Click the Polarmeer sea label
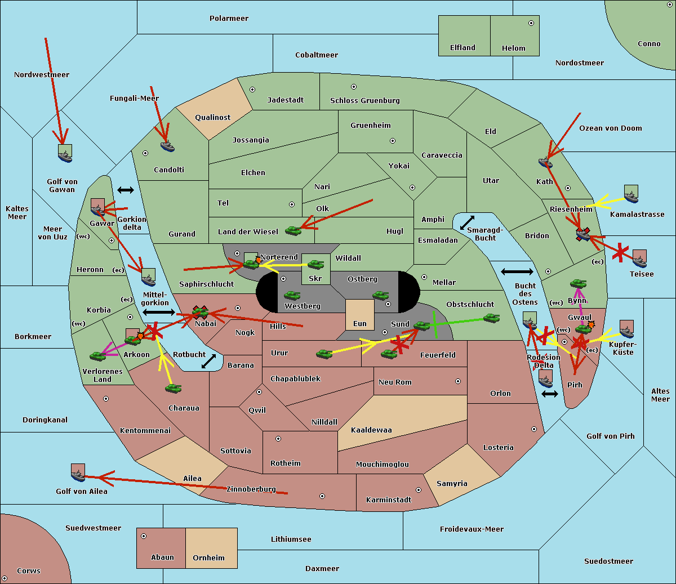[x=229, y=19]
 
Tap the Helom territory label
[x=513, y=48]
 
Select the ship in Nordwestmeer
[x=65, y=154]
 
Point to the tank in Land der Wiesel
[x=293, y=230]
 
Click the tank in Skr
[x=315, y=264]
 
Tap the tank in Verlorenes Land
[x=97, y=356]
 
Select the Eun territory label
[x=360, y=324]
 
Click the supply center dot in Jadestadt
[x=252, y=90]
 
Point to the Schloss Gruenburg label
[x=364, y=101]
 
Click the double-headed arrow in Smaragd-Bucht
[x=468, y=223]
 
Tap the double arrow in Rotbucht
[x=208, y=362]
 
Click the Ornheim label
[x=208, y=558]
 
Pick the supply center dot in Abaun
[x=144, y=536]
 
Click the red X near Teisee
[x=620, y=253]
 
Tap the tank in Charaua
[x=173, y=388]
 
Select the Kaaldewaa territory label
[x=371, y=430]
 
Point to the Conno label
[x=649, y=44]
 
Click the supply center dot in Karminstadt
[x=419, y=490]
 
